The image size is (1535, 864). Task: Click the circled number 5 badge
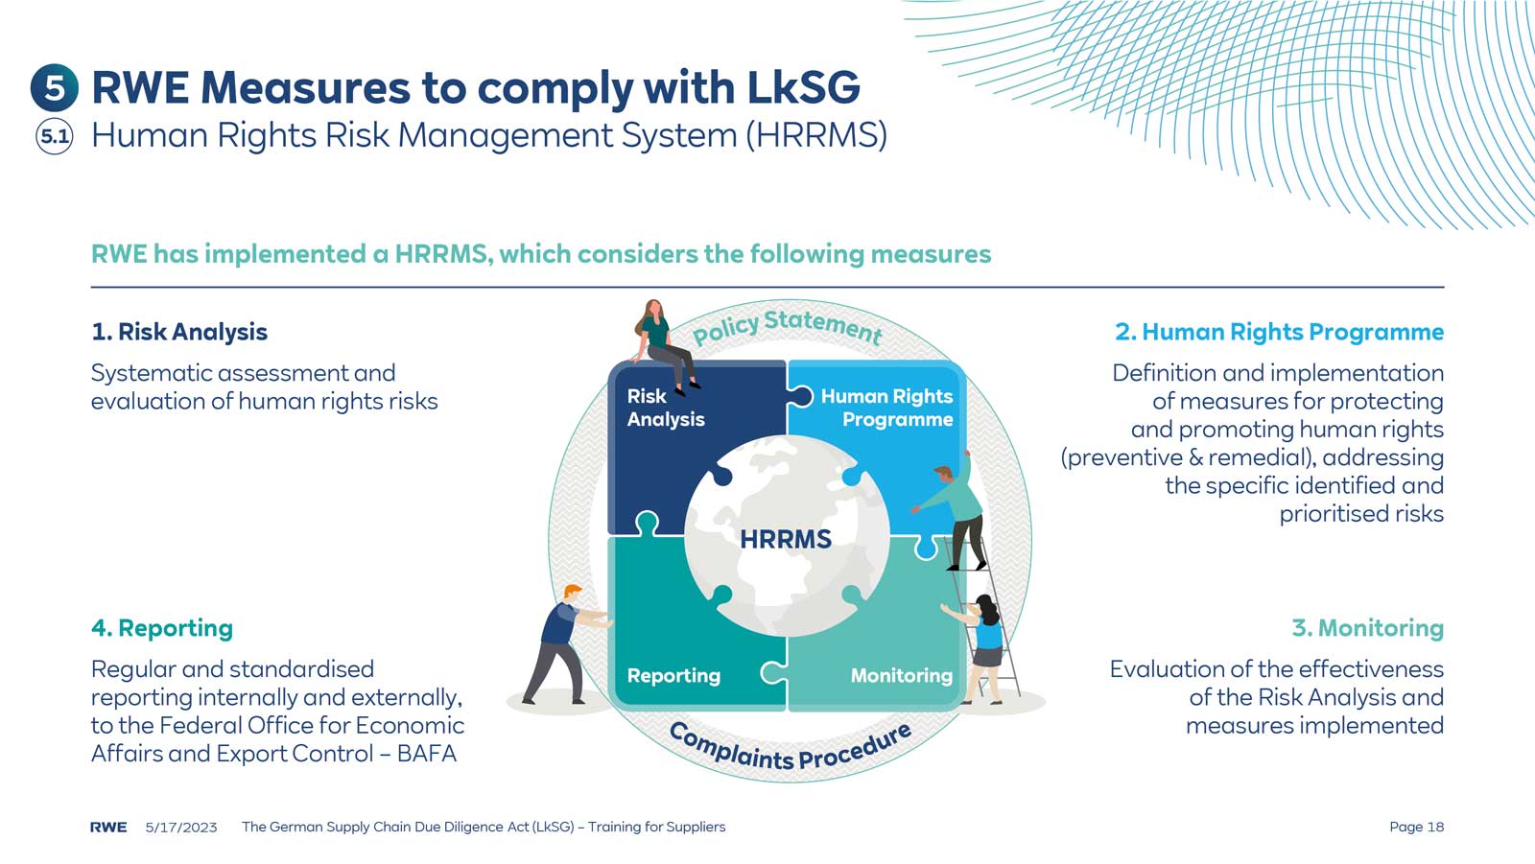pos(55,88)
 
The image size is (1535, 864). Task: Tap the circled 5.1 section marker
pos(55,136)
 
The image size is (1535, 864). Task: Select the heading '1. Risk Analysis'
pos(179,332)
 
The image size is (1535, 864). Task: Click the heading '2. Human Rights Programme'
pos(1279,332)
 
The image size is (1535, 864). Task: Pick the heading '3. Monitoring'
pos(1367,628)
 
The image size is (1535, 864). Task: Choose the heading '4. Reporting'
pos(162,628)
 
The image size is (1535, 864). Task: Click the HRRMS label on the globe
pos(786,539)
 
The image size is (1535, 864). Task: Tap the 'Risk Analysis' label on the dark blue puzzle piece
pos(665,408)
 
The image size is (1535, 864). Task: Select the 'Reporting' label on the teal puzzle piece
pos(673,675)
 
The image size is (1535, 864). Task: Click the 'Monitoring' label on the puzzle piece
pos(901,675)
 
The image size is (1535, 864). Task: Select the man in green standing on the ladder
pos(955,513)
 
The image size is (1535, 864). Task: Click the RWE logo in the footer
pos(108,827)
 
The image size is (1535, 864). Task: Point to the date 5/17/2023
pos(181,827)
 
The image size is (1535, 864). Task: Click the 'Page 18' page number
pos(1416,827)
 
